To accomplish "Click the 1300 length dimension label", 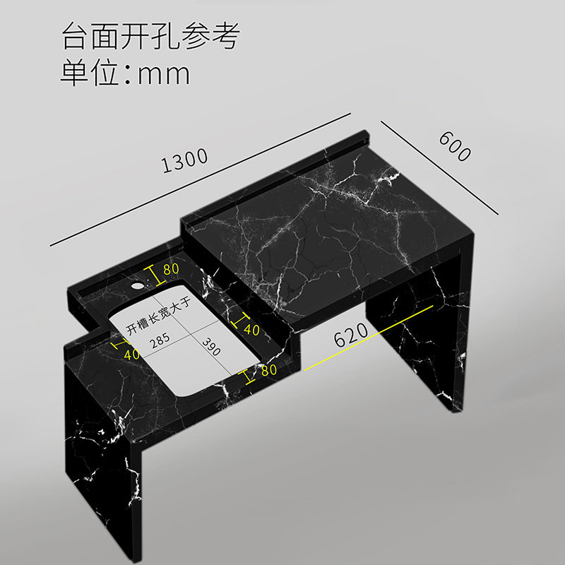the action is (x=185, y=160).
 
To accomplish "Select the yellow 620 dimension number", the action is (x=351, y=335).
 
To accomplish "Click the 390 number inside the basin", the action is (x=210, y=347).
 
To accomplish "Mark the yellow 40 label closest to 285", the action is (x=131, y=353).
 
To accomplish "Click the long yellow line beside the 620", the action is (x=367, y=338).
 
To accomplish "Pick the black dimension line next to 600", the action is (x=439, y=167).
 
